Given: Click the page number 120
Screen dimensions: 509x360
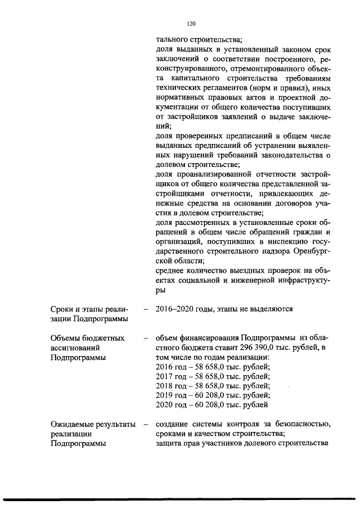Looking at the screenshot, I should point(191,24).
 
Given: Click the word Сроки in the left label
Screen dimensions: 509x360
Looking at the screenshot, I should point(62,309).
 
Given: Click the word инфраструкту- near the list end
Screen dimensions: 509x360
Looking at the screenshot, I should point(301,280).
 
